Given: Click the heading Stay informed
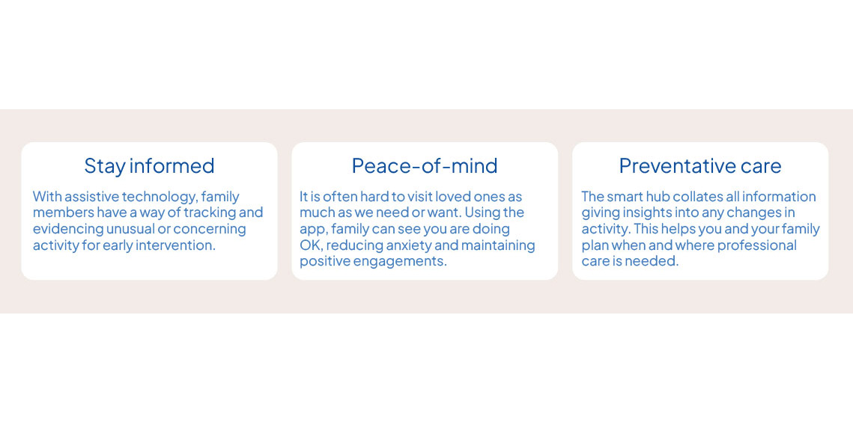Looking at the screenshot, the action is point(149,166).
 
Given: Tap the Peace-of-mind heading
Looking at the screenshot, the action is point(425,166).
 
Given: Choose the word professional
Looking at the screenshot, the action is point(757,245).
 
